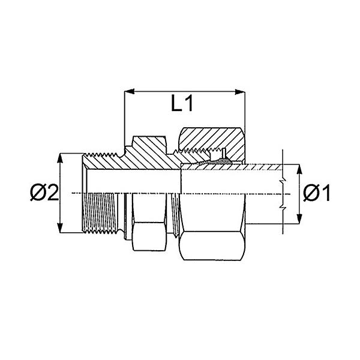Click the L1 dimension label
182,103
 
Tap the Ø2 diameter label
44,193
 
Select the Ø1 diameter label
316,193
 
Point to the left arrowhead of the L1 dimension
129,91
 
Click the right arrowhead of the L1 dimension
240,92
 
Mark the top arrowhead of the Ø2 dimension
60,158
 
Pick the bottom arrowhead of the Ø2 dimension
60,228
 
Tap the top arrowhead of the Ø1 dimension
299,169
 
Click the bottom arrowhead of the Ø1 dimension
299,218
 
